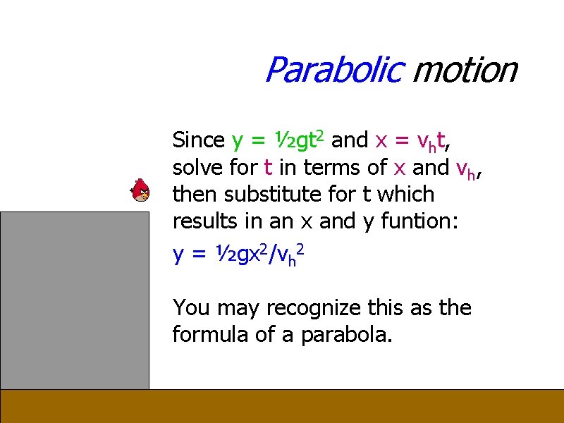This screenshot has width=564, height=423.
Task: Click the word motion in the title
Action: (x=465, y=70)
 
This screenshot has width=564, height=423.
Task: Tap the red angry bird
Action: (x=141, y=190)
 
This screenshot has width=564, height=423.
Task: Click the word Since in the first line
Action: (x=198, y=140)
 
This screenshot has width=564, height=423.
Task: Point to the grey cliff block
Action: (x=74, y=300)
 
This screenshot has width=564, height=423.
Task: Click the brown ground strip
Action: (x=282, y=406)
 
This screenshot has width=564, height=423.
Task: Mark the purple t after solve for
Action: (x=268, y=168)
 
